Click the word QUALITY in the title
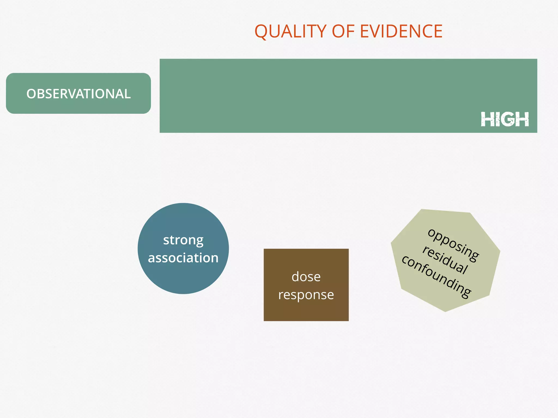click(x=290, y=31)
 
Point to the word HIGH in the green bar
click(x=505, y=119)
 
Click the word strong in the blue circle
click(x=183, y=240)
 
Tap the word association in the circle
click(x=183, y=258)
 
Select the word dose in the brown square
click(x=306, y=277)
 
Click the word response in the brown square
click(x=306, y=295)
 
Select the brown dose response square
click(x=306, y=310)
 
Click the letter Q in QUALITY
click(x=260, y=32)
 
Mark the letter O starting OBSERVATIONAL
click(x=31, y=94)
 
